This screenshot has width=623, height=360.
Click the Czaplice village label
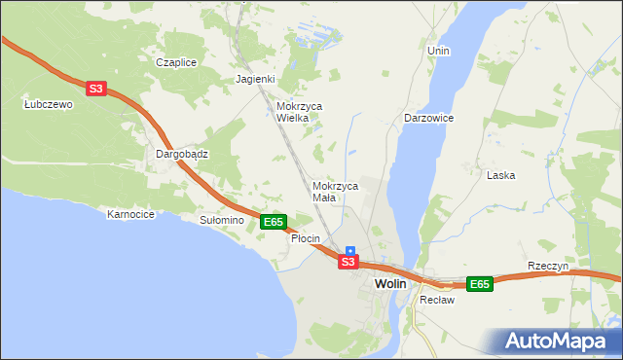click(x=177, y=62)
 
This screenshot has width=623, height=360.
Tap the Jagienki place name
click(x=256, y=79)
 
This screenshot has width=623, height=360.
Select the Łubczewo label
click(x=49, y=104)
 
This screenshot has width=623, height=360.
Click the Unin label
click(x=438, y=50)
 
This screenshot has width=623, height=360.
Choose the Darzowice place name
click(x=428, y=118)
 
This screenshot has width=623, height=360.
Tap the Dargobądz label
click(x=183, y=154)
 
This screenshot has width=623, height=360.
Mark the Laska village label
click(x=500, y=175)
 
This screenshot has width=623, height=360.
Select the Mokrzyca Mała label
click(x=335, y=191)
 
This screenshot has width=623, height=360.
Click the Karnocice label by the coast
click(x=131, y=214)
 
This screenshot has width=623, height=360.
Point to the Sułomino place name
click(x=221, y=221)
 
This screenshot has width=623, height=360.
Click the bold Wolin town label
click(x=389, y=283)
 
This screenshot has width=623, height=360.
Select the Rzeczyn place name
click(x=547, y=267)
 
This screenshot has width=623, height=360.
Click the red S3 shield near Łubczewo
click(x=95, y=89)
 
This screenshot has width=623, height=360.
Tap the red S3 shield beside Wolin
click(x=348, y=263)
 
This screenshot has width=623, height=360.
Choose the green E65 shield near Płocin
click(x=274, y=222)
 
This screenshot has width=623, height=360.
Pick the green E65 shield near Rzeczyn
click(x=479, y=284)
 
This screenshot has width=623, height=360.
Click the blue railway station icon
click(x=350, y=250)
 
